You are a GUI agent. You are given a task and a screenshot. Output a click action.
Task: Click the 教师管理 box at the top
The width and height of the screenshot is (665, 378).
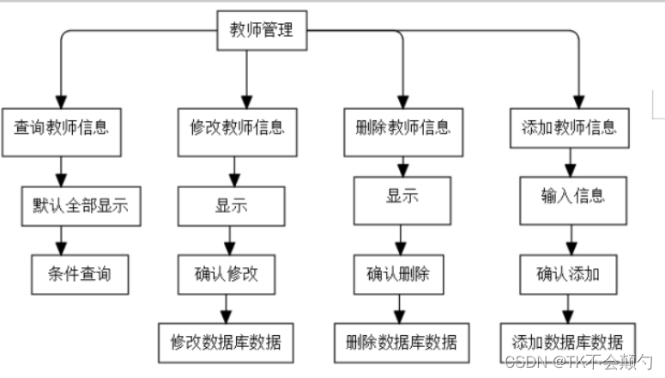coord(262,31)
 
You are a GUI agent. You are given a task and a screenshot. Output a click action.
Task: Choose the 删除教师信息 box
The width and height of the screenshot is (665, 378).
coord(402,131)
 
